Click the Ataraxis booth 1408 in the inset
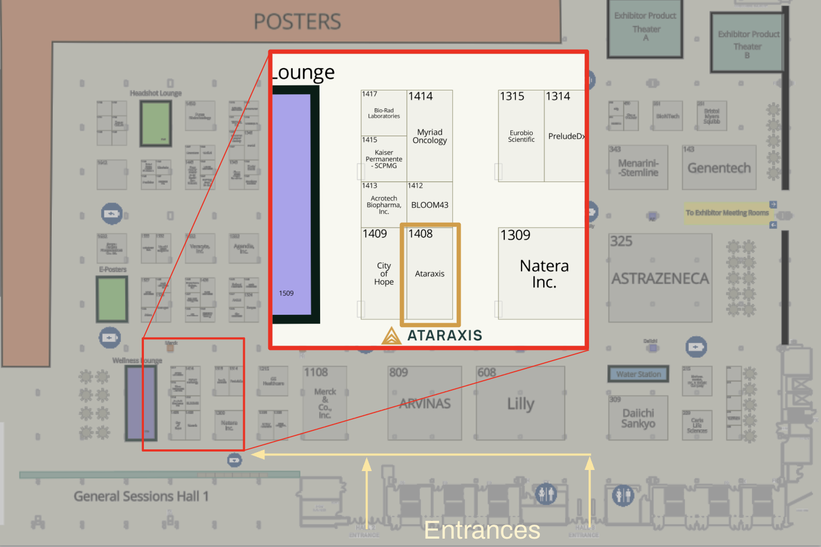429,273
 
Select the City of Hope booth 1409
384,273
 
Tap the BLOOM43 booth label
429,205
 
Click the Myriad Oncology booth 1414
429,136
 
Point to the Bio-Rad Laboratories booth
384,113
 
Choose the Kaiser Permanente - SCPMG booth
384,159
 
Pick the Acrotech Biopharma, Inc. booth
384,205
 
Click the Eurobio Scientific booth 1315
521,136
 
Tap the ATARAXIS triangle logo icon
392,336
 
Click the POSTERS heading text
297,22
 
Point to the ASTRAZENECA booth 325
660,278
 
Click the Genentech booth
719,168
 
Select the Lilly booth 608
520,404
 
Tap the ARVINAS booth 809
424,404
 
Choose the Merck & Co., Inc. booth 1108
325,403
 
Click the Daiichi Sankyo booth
638,418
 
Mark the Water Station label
638,374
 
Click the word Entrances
482,530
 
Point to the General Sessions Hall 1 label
141,496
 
